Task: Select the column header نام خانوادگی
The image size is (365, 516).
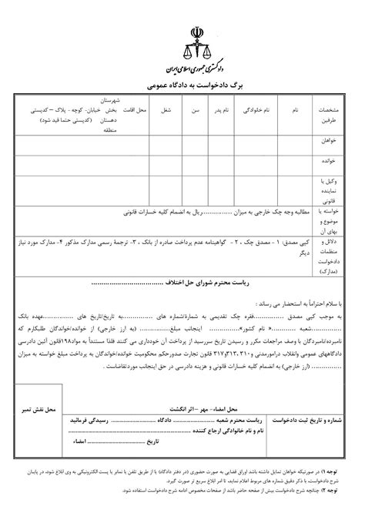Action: (x=252, y=112)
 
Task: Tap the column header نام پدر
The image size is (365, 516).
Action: (x=222, y=112)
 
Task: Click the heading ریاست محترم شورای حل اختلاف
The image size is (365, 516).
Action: (x=186, y=262)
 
